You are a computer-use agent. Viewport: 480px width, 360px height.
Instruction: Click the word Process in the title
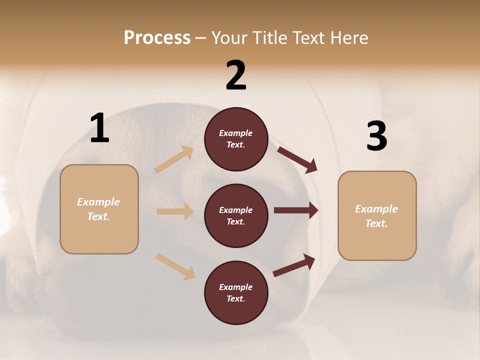[157, 37]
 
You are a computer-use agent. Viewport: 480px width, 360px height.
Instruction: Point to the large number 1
[99, 128]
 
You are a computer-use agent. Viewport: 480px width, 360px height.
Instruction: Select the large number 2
[236, 75]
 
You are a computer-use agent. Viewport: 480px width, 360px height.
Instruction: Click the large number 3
[376, 136]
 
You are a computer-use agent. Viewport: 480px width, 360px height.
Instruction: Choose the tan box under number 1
[99, 209]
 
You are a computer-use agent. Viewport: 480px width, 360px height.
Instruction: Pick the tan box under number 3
[377, 216]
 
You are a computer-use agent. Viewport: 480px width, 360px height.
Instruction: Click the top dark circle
[236, 139]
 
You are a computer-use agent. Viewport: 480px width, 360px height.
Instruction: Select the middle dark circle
[236, 215]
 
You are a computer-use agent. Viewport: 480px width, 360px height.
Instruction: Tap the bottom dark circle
[236, 292]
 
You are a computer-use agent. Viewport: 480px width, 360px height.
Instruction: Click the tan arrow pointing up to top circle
[174, 159]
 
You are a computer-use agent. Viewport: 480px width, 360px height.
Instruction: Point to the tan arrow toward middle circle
[175, 211]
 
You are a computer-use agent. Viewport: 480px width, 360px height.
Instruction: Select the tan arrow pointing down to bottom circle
[175, 266]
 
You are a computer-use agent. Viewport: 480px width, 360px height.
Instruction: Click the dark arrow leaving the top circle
[297, 159]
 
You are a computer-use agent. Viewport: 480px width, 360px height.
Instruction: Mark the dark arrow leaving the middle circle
[295, 210]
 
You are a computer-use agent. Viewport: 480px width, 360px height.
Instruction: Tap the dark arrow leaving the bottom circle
[294, 265]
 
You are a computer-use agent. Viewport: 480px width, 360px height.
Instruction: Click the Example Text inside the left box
[98, 209]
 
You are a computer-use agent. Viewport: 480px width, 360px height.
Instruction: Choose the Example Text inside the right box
[376, 216]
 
